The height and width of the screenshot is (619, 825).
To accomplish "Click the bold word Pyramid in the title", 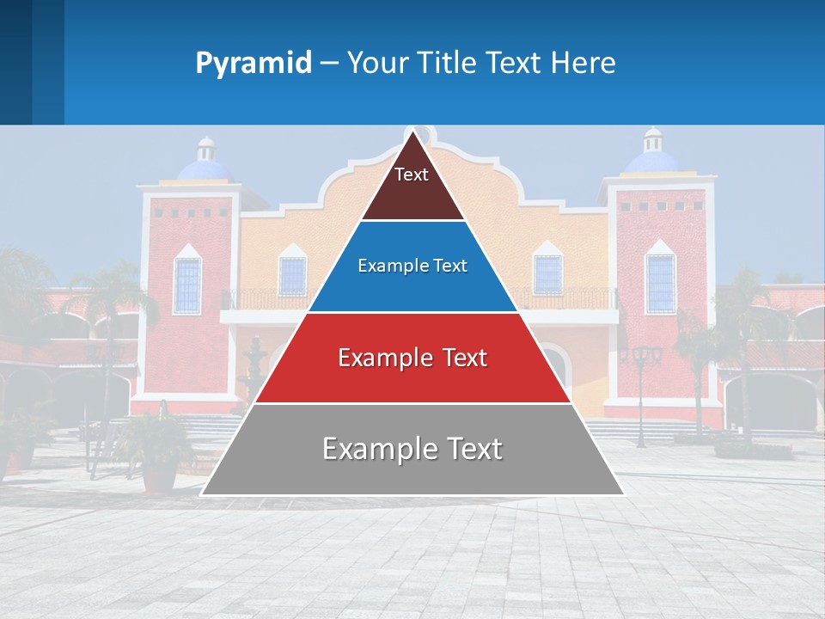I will point(253,64).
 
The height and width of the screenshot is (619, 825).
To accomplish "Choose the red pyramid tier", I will point(412,358).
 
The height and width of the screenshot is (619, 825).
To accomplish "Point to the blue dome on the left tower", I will point(205,167).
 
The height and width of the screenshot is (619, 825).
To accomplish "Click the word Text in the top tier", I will point(411,175).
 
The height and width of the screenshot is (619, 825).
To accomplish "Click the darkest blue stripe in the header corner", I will point(15,62).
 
